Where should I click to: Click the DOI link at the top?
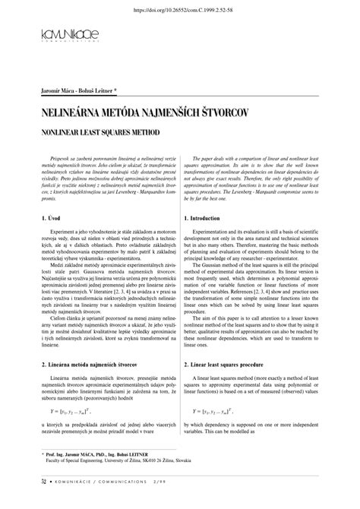click(x=179, y=10)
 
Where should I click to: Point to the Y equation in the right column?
click(x=222, y=411)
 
